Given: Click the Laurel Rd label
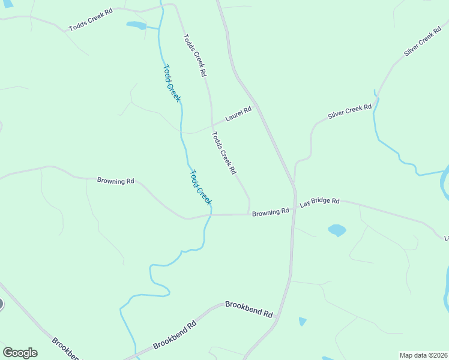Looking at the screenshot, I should [238, 113].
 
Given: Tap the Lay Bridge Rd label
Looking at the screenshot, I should [320, 203].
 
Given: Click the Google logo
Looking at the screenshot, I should [20, 353].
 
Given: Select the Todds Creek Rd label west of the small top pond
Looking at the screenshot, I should [91, 19].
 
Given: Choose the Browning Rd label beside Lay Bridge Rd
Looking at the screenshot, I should [271, 212].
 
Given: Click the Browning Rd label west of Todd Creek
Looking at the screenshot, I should [115, 180].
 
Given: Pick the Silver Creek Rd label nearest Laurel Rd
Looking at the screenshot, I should [349, 111].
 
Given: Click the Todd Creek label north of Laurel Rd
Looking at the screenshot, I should [171, 83].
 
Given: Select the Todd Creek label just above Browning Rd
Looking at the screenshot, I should [200, 188].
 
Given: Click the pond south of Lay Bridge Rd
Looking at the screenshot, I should [337, 230].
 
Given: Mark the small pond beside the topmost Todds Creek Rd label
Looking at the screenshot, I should [137, 25].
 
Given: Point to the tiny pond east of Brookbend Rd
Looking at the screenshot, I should [302, 322].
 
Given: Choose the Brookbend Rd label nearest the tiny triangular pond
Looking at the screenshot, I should [249, 310].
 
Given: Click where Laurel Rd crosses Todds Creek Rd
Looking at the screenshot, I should [212, 126].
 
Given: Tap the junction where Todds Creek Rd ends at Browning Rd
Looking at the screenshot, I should [249, 214].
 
